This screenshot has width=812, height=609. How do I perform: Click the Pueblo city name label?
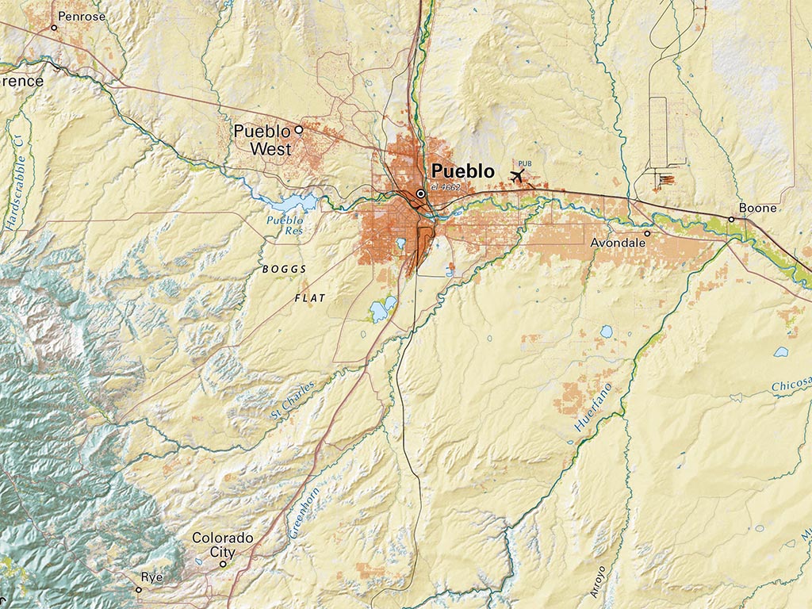[462, 170]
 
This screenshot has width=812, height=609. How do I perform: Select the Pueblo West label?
[262, 140]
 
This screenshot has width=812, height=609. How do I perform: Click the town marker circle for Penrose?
[54, 28]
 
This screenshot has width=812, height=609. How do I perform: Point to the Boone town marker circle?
[731, 220]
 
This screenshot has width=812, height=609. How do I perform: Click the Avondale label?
[618, 243]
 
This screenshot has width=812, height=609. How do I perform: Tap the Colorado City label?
[222, 545]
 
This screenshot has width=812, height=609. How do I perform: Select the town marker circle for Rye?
[138, 589]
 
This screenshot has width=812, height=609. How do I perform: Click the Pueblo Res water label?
[284, 225]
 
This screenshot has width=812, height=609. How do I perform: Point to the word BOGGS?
[284, 270]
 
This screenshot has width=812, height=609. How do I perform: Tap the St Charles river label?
[293, 400]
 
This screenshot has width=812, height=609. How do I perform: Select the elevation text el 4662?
[445, 187]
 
